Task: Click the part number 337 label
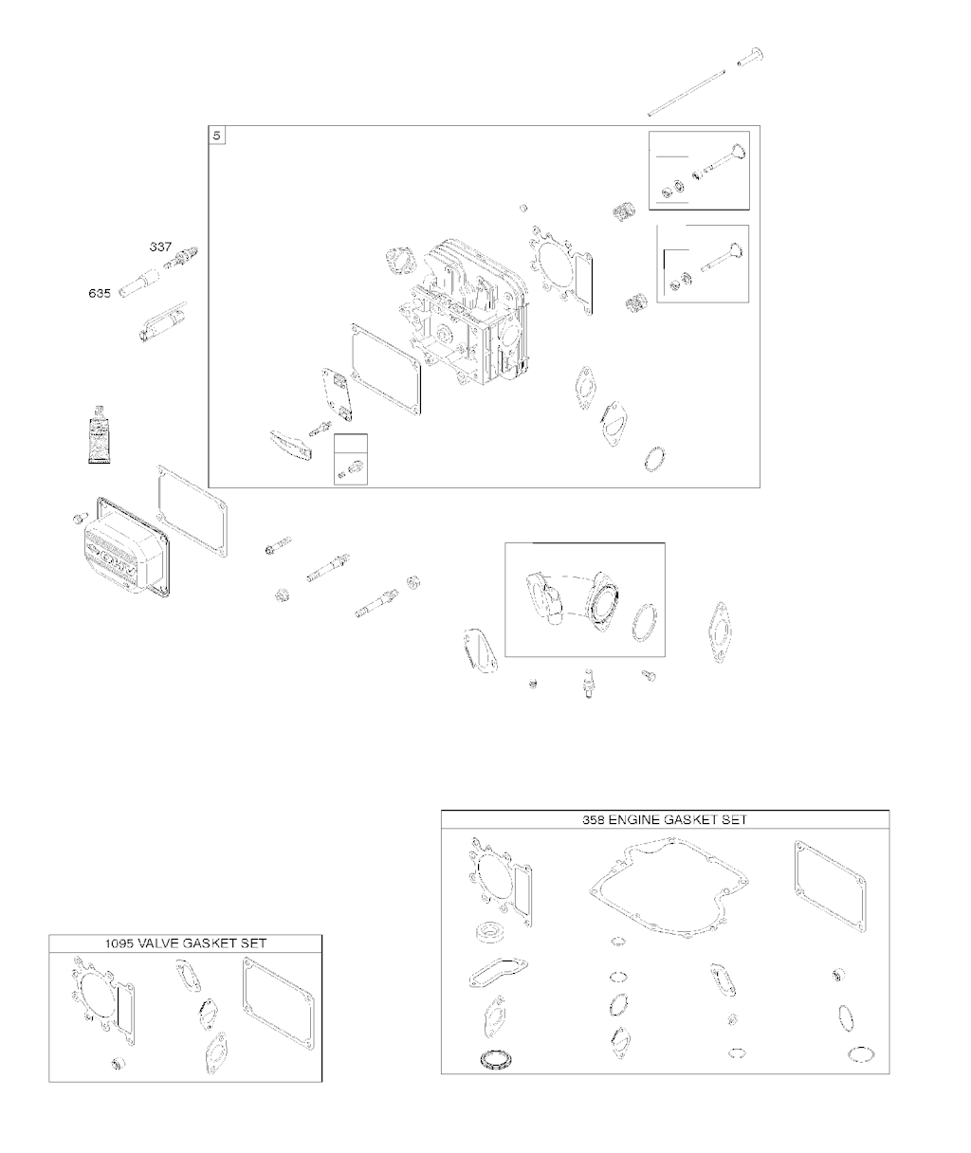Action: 161,247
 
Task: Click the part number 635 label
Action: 100,293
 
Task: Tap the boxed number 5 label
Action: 216,136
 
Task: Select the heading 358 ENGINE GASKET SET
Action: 665,819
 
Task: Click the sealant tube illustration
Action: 99,434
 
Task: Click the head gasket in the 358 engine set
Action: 500,879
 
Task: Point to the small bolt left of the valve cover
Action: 80,518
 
